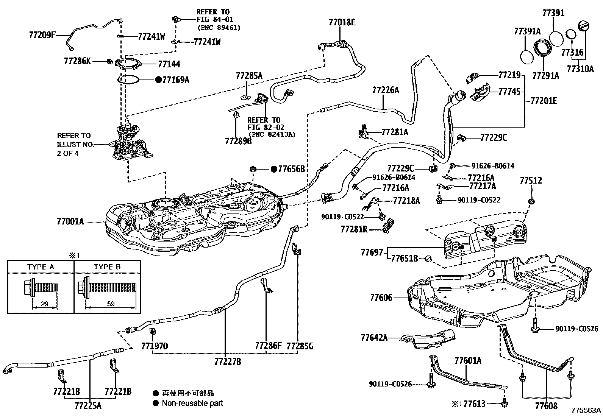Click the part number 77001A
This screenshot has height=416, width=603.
click(70, 221)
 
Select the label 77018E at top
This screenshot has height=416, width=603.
click(342, 22)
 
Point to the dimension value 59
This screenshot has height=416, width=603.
click(111, 304)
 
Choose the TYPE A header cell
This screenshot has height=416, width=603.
click(41, 267)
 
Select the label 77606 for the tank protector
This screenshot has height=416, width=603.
click(381, 298)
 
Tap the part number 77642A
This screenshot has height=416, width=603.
click(374, 337)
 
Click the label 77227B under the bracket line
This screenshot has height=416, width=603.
click(228, 362)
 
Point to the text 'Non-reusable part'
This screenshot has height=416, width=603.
click(192, 403)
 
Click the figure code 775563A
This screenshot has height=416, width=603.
click(586, 410)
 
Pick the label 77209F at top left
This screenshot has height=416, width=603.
click(42, 35)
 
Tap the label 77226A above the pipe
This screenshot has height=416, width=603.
click(386, 90)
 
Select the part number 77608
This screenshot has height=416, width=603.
click(546, 406)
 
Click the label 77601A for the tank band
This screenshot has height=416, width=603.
click(468, 361)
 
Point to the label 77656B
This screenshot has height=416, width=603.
click(291, 169)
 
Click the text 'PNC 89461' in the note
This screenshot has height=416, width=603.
click(219, 28)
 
